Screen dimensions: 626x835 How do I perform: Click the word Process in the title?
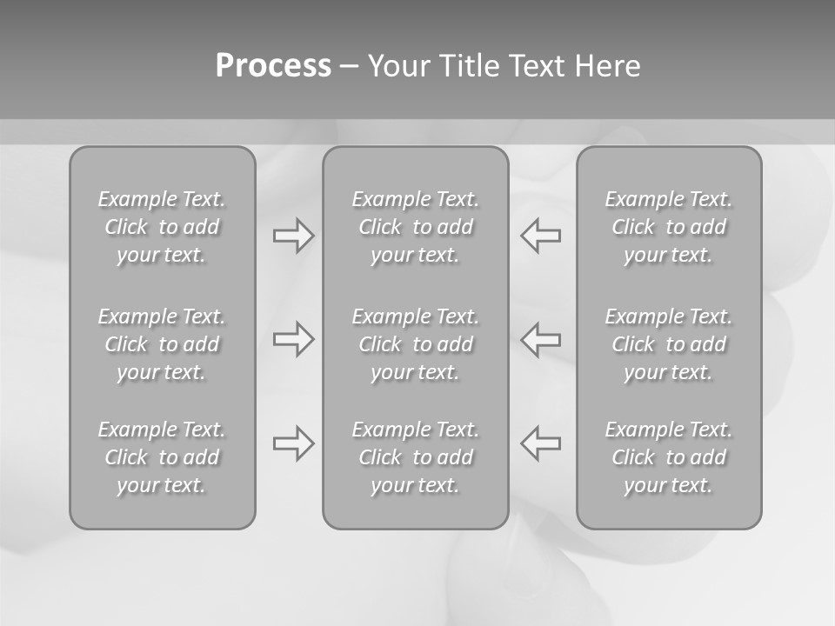(x=273, y=66)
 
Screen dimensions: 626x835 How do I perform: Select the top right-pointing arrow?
(x=294, y=236)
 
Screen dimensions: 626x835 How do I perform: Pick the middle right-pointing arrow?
(x=294, y=339)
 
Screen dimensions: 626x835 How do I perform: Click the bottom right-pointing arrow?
(x=294, y=443)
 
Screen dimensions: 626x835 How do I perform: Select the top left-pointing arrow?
(x=540, y=236)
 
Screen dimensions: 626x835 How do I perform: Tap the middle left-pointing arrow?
(x=540, y=339)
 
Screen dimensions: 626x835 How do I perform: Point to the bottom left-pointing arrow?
(x=540, y=443)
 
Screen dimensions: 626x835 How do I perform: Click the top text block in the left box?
(x=162, y=227)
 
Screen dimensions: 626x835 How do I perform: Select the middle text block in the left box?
(x=162, y=344)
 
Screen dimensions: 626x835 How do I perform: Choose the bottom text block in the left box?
(x=162, y=457)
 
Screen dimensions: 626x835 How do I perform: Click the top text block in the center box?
(x=415, y=227)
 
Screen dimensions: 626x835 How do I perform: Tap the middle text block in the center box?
(x=415, y=344)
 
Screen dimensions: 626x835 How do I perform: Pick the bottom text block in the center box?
(x=415, y=457)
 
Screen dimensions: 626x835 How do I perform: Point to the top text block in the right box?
(x=669, y=227)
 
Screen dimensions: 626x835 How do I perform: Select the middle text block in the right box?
(x=669, y=344)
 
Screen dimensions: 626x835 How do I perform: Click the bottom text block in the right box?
(x=669, y=457)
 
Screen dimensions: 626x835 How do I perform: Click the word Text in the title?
(x=538, y=66)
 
